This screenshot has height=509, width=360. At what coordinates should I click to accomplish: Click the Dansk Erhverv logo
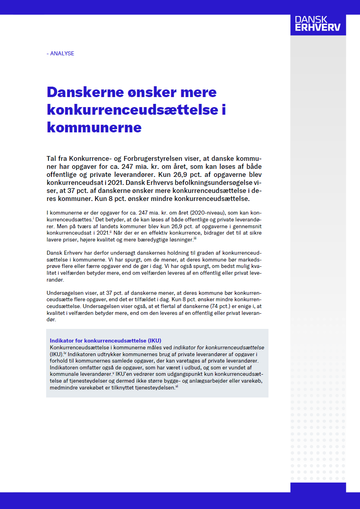click(x=318, y=24)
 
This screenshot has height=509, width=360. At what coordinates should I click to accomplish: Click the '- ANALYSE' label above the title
click(x=61, y=53)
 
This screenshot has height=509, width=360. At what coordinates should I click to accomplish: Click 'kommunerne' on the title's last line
click(x=94, y=127)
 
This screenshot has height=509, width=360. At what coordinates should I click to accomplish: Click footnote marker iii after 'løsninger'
click(x=195, y=238)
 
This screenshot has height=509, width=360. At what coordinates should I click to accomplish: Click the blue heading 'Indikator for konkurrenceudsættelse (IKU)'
click(x=106, y=341)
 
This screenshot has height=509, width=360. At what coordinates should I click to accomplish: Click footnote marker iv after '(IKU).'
click(x=65, y=353)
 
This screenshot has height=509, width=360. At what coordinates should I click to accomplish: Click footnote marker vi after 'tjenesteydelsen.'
click(x=177, y=387)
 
